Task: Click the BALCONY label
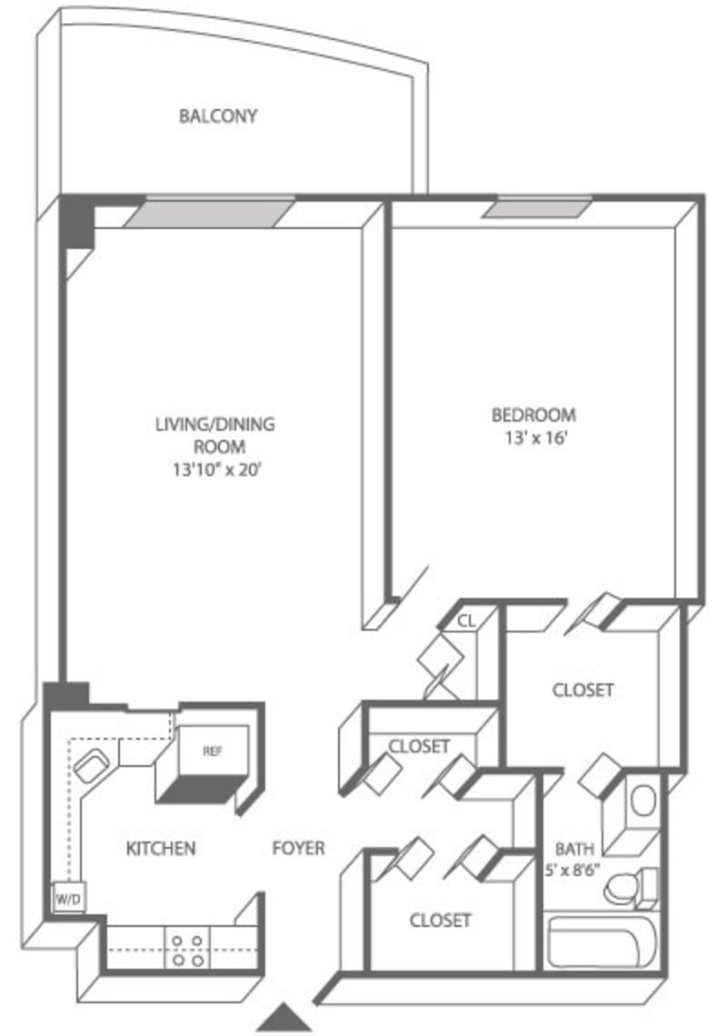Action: (x=217, y=116)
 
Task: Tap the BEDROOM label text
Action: (x=534, y=415)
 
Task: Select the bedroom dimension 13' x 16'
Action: (x=537, y=438)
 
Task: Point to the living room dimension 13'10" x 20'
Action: (x=218, y=470)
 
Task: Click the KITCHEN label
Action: (x=161, y=849)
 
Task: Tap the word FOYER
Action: (x=299, y=849)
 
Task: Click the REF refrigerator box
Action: (x=213, y=752)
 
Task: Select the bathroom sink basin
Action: (x=643, y=802)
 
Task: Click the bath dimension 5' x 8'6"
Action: (x=573, y=870)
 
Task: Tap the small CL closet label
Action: (x=466, y=621)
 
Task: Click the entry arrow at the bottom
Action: (x=284, y=1018)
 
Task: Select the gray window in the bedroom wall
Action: (x=536, y=209)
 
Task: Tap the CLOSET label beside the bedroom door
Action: (x=583, y=691)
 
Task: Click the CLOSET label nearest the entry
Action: (x=440, y=921)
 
